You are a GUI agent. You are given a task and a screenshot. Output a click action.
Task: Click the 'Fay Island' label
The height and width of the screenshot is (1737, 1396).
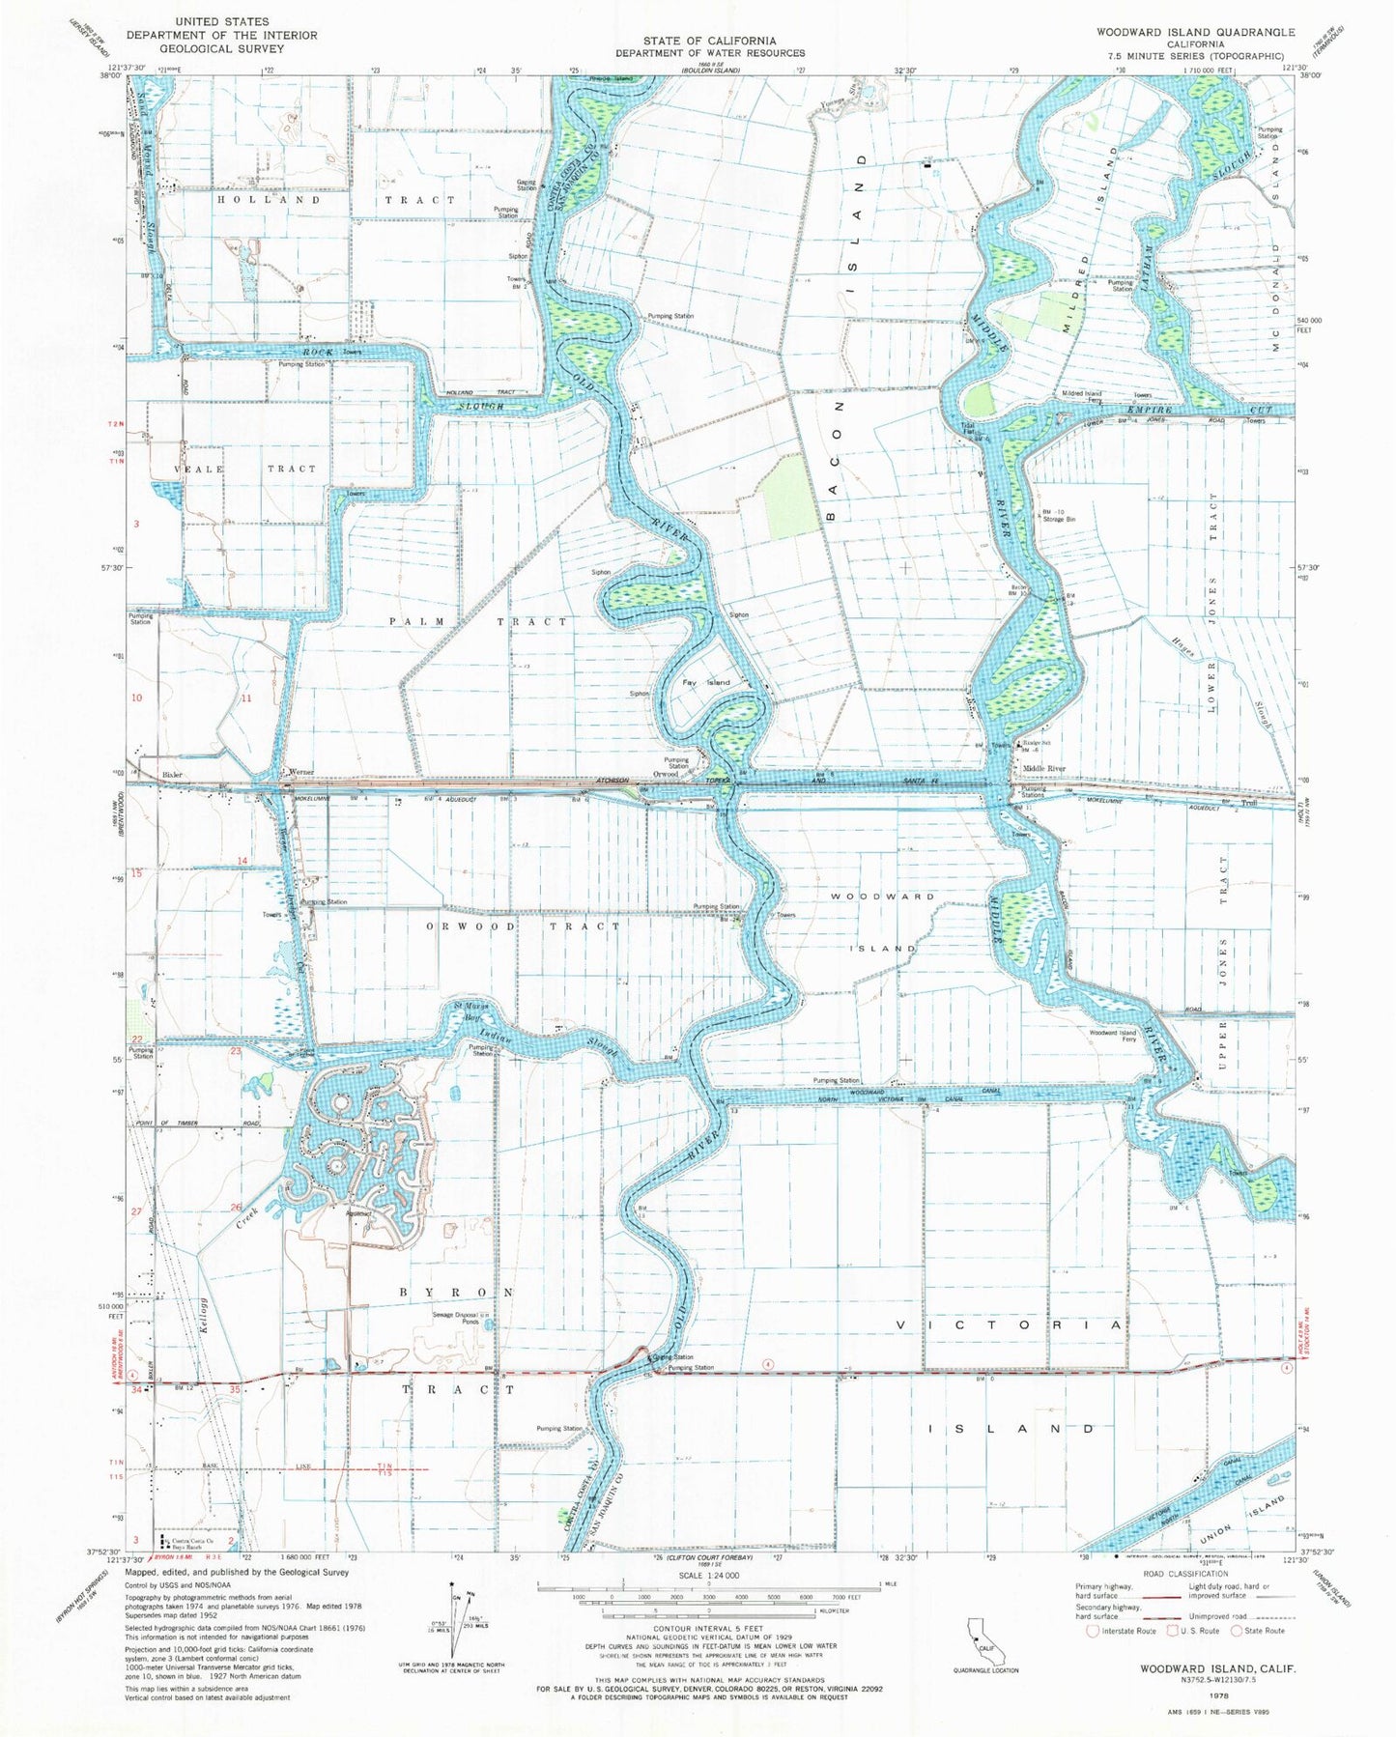(706, 682)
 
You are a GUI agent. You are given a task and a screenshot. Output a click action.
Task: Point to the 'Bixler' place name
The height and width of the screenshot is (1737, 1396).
(171, 775)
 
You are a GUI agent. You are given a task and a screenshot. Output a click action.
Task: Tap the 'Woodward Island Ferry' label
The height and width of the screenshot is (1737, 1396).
(1113, 1036)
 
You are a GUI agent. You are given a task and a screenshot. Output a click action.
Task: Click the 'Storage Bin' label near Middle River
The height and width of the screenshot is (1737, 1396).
(1058, 520)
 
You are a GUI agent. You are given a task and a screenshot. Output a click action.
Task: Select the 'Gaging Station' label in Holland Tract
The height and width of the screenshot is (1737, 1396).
(527, 185)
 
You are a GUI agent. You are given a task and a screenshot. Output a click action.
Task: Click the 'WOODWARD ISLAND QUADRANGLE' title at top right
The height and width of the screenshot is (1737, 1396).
(1195, 32)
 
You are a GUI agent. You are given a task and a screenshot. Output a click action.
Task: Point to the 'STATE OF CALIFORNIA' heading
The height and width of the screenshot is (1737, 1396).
(710, 41)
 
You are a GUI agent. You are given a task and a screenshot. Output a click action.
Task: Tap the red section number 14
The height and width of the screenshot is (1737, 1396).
(242, 860)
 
